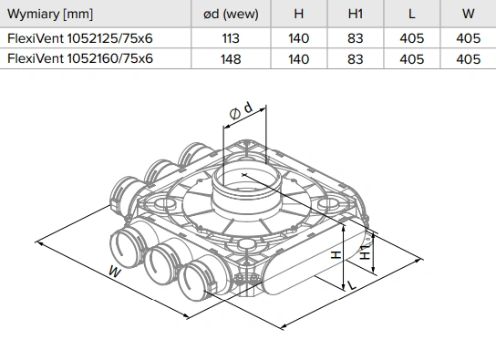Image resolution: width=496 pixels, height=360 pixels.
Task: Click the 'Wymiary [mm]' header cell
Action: pyautogui.click(x=50, y=15)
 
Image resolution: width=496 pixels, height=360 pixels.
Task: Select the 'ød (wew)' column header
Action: pyautogui.click(x=231, y=15)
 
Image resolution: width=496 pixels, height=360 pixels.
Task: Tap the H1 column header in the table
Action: pyautogui.click(x=356, y=14)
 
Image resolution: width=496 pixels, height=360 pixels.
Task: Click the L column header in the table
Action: pyautogui.click(x=411, y=14)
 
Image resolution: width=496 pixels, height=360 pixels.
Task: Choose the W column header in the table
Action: pyautogui.click(x=468, y=14)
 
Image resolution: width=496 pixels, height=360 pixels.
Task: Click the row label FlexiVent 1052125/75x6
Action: pyautogui.click(x=79, y=38)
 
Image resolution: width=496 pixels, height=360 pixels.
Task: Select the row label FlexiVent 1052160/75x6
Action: pyautogui.click(x=79, y=59)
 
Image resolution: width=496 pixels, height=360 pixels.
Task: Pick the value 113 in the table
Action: pyautogui.click(x=231, y=38)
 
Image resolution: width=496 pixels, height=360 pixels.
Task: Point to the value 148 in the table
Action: pyautogui.click(x=231, y=59)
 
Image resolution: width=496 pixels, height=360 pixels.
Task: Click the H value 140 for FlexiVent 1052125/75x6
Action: pyautogui.click(x=299, y=38)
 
